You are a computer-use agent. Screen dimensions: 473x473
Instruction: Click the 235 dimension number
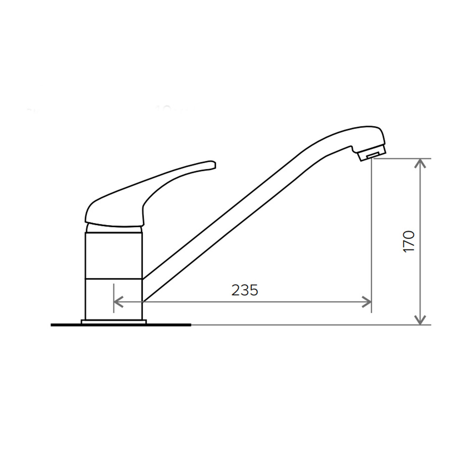(x=244, y=290)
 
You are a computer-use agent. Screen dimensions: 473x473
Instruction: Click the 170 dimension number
(x=409, y=242)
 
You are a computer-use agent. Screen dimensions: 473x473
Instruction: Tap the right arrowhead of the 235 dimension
(x=367, y=302)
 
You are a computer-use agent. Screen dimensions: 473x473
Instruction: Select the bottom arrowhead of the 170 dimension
(x=420, y=320)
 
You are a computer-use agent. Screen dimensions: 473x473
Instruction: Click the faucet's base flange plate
(x=114, y=322)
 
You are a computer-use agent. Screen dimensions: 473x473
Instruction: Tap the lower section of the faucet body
(x=114, y=299)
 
